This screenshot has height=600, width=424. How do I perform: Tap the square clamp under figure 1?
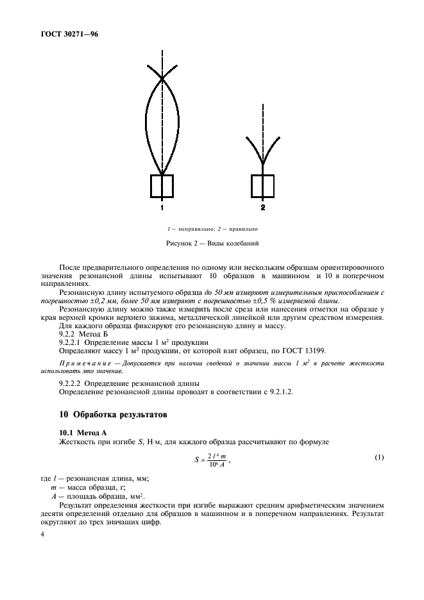point(162,187)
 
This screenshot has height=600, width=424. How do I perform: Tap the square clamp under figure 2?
point(263,187)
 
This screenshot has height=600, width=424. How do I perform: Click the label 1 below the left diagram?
point(162,208)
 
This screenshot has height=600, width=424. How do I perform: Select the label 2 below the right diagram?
point(263,208)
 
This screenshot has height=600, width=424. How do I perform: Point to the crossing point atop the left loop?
point(162,78)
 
